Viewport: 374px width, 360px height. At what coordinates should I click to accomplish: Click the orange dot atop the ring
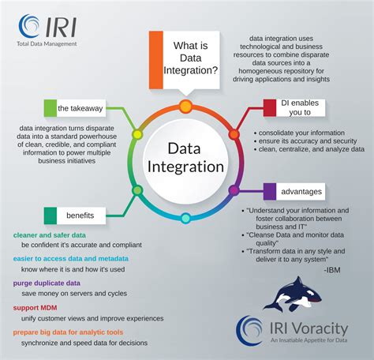pyautogui.click(x=185, y=106)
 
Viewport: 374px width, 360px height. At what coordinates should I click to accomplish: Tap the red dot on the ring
pyautogui.click(x=234, y=134)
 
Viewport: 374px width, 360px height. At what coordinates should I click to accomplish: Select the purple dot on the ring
pyautogui.click(x=234, y=190)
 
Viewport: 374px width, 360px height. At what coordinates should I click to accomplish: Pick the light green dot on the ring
pyautogui.click(x=137, y=134)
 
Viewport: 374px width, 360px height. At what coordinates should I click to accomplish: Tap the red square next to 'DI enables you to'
pyautogui.click(x=269, y=108)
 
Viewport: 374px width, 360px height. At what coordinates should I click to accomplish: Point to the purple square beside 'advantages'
pyautogui.click(x=268, y=190)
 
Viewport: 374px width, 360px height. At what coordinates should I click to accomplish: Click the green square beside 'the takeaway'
pyautogui.click(x=50, y=108)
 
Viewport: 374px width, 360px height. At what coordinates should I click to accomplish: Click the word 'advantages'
pyautogui.click(x=301, y=191)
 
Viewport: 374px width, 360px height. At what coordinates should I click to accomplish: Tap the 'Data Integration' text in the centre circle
pyautogui.click(x=185, y=157)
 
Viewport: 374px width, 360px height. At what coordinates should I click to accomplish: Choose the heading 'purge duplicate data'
pyautogui.click(x=47, y=282)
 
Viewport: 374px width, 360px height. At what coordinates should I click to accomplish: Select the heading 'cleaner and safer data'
pyautogui.click(x=49, y=235)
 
